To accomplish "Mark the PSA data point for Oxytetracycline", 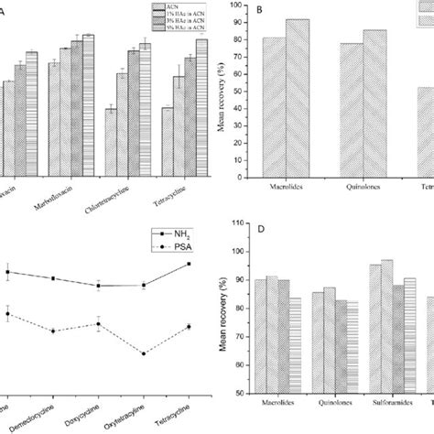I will tap(144, 353).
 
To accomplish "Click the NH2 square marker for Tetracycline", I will tap(189, 264).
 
